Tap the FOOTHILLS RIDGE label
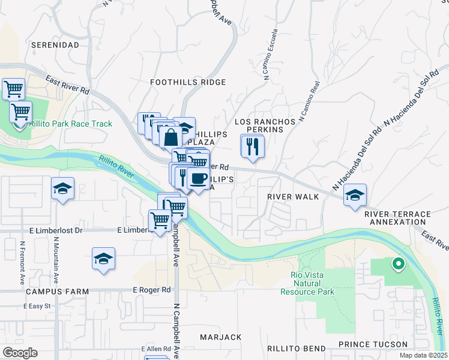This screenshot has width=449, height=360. [x=188, y=82]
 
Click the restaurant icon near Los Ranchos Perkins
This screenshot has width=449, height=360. [x=252, y=145]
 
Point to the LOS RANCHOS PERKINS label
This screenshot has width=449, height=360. [x=265, y=125]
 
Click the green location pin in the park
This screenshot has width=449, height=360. [x=397, y=263]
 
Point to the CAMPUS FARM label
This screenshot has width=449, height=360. [x=58, y=291]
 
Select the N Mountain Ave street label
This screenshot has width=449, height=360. [x=56, y=262]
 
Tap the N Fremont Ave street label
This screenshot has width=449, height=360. [x=22, y=262]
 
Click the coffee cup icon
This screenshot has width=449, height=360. [x=198, y=178]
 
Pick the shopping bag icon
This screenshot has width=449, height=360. [x=171, y=136]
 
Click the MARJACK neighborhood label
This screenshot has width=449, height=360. [x=220, y=337]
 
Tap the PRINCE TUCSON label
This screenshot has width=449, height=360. [x=372, y=344]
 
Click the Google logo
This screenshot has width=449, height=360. [x=20, y=353]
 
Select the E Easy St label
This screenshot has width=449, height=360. [x=37, y=306]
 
